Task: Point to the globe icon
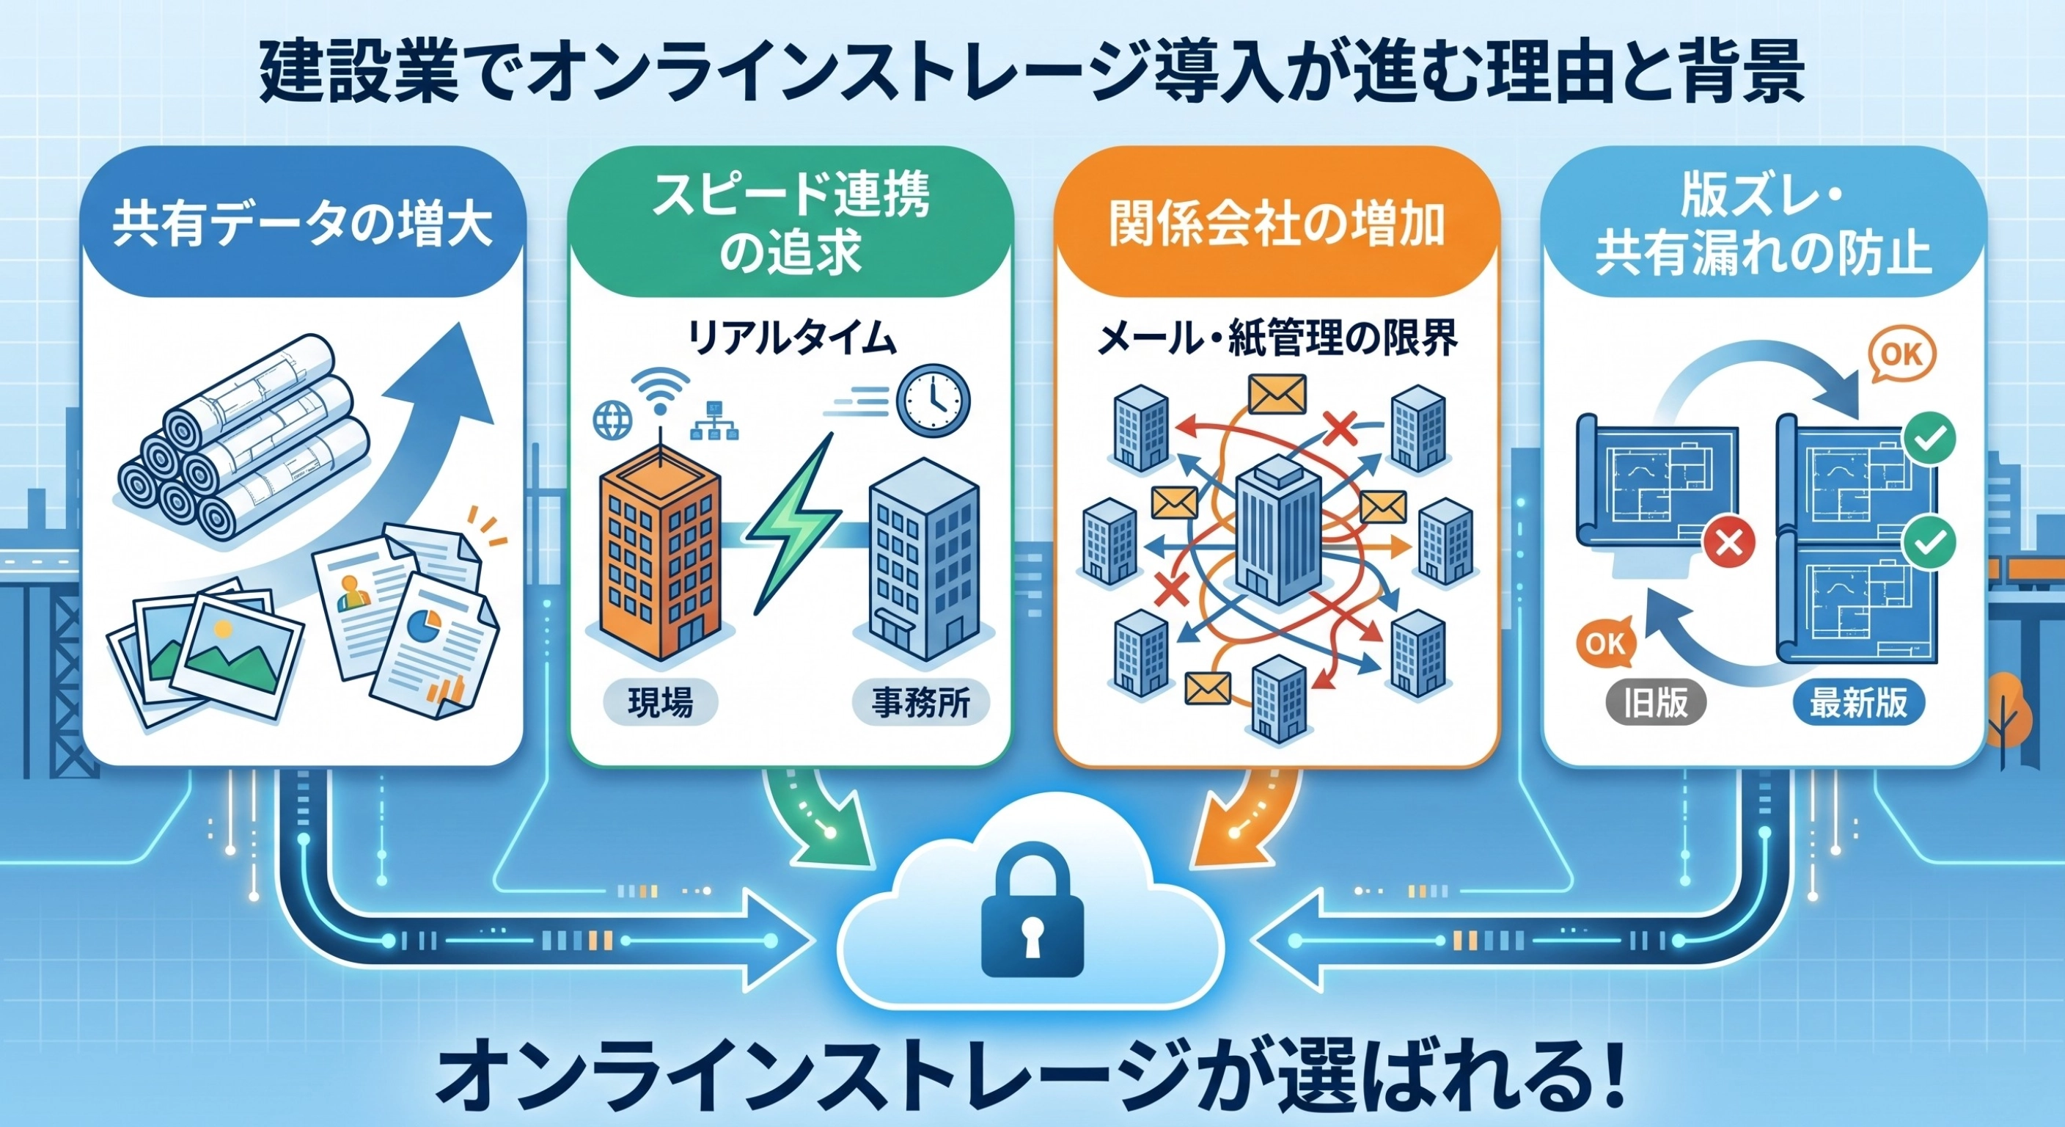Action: click(612, 419)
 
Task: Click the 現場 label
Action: click(660, 704)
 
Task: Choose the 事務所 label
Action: click(920, 704)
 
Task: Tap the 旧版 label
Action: click(1655, 704)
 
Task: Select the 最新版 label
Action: click(1858, 704)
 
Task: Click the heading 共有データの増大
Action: click(302, 226)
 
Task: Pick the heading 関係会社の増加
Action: click(1276, 225)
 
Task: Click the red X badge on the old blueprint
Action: click(1728, 544)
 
